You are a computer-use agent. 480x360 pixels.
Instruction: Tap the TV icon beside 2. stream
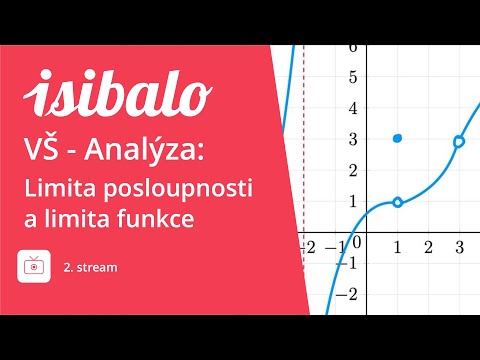click(34, 267)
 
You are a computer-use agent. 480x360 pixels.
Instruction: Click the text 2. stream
click(90, 267)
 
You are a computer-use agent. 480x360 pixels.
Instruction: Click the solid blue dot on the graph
click(398, 137)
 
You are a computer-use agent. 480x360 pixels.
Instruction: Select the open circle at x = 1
click(398, 202)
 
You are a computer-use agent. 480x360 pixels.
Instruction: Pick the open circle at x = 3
click(459, 142)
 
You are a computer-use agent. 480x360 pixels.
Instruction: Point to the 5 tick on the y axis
click(351, 78)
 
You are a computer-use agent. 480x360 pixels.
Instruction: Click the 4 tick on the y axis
click(351, 110)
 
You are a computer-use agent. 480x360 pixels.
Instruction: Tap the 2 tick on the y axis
click(351, 173)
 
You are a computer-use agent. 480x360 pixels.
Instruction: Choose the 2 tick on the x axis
click(428, 247)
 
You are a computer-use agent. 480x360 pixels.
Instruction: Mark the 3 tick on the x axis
click(459, 247)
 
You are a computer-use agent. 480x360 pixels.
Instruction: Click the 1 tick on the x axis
click(398, 247)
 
